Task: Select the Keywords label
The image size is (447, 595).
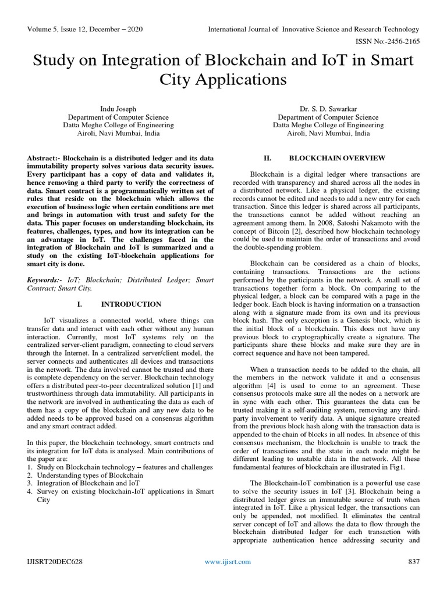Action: point(46,280)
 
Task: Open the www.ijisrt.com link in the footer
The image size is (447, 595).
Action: point(228,561)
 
